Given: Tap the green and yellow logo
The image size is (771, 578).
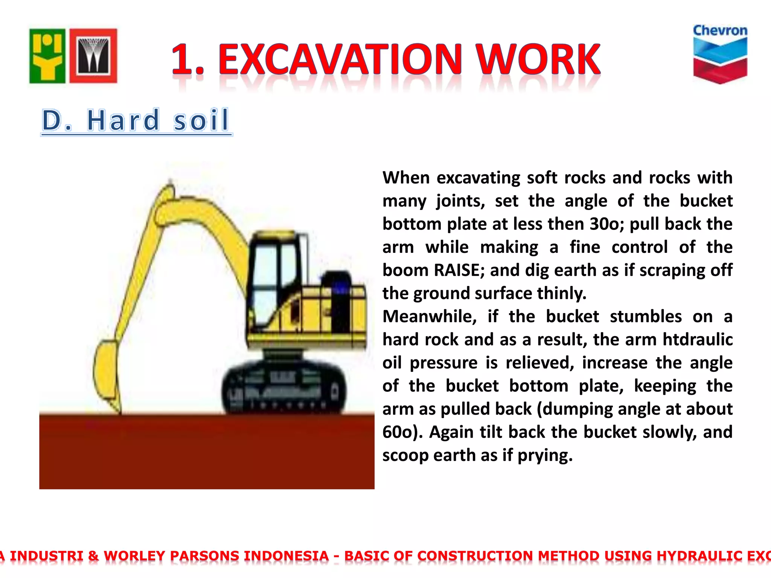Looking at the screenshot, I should pyautogui.click(x=47, y=56).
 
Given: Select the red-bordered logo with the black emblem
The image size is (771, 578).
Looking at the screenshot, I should pyautogui.click(x=93, y=56).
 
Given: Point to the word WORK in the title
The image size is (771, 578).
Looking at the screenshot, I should pyautogui.click(x=538, y=59).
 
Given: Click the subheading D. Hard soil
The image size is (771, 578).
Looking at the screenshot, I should pyautogui.click(x=136, y=120).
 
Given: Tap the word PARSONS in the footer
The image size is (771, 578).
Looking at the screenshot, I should pyautogui.click(x=204, y=556).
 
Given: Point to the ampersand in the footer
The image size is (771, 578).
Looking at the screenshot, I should pyautogui.click(x=93, y=556).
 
